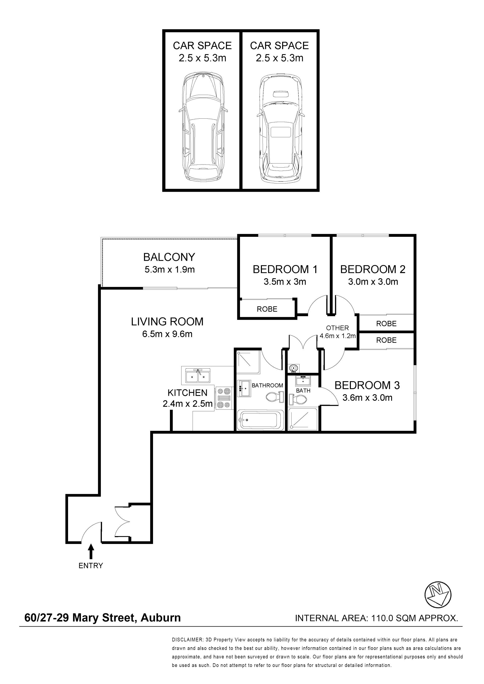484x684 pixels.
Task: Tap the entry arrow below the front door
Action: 91,551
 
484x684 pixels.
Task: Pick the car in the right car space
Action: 280,128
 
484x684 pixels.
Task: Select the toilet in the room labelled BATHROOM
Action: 275,397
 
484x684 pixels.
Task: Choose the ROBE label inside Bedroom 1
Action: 267,309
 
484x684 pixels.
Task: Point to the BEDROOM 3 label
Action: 367,385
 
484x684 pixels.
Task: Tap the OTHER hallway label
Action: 337,328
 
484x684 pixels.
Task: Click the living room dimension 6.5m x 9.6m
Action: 167,334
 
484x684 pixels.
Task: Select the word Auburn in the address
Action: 161,617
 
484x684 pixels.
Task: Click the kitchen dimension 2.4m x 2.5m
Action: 188,404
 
